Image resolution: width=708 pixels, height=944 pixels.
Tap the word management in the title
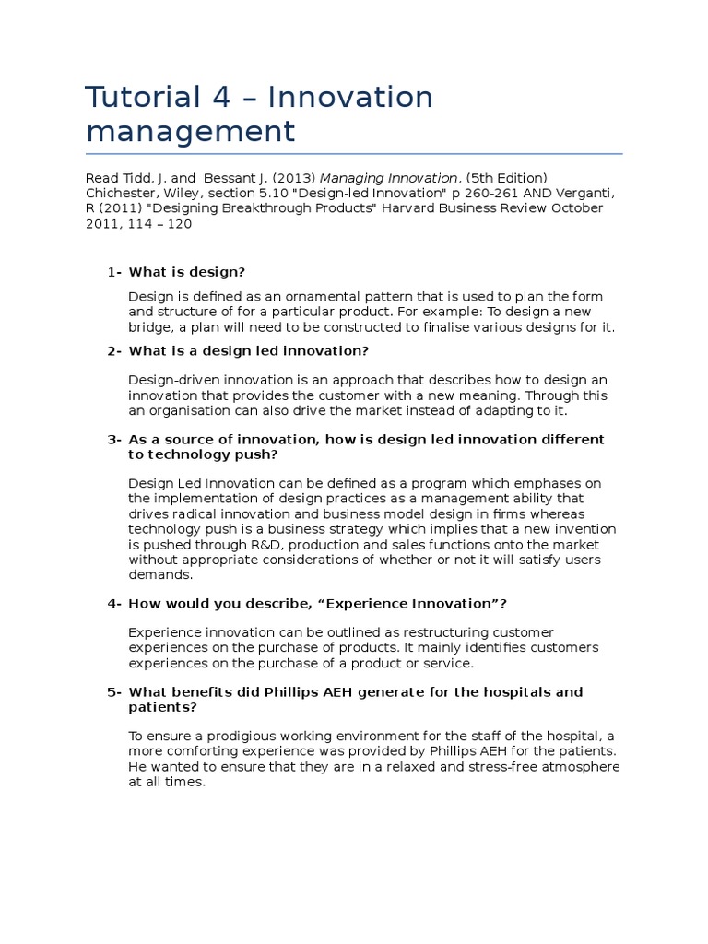[x=190, y=131]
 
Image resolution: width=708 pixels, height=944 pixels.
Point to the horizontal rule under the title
[x=354, y=153]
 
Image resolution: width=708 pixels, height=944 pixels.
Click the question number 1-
[x=114, y=271]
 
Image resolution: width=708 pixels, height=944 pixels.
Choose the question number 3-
[x=114, y=440]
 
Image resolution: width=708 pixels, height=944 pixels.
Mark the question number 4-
[x=114, y=603]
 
